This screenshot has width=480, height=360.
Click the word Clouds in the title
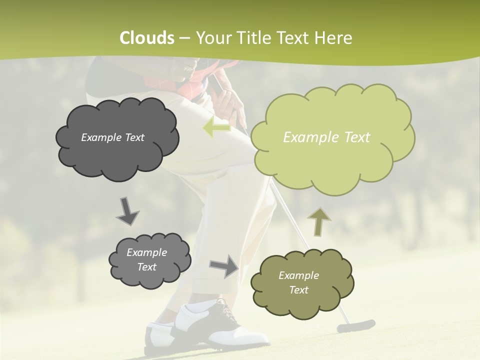pos(147,38)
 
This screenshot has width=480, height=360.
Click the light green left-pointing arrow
pos(217,127)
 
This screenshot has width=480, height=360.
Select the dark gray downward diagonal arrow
pos(127,211)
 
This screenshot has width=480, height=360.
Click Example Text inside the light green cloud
pos(326,137)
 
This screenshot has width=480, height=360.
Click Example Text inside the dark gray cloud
pos(112,137)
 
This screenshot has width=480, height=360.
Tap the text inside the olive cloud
pos(298,282)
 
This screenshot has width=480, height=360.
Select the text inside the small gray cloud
pos(146,259)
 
